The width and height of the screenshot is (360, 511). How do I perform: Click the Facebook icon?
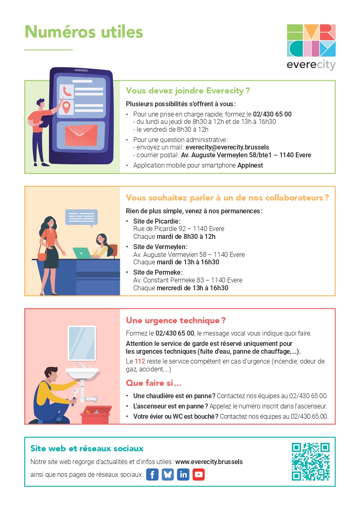152,474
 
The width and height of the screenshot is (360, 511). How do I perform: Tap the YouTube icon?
199,474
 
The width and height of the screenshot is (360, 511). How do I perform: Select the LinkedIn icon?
183,474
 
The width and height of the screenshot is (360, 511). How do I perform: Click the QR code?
311,462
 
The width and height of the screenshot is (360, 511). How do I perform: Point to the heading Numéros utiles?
84,32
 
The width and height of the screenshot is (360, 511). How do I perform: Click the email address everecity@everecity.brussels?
227,147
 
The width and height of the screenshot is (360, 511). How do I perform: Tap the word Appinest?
250,166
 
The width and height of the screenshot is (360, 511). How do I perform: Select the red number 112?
140,362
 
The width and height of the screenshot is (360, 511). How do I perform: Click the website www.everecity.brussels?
209,462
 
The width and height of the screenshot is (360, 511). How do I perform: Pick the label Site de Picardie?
157,221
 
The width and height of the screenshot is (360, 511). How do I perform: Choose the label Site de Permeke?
158,272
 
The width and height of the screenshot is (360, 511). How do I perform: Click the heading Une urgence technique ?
176,320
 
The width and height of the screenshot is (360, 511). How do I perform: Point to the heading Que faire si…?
153,383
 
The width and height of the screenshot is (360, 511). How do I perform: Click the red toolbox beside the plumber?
95,415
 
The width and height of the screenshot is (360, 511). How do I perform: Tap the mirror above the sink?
81,343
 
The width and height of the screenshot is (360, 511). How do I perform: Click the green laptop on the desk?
81,253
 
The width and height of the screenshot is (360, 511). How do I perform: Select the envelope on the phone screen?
81,135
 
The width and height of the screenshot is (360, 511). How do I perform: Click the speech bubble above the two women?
81,217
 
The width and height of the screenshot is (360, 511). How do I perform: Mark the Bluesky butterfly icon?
168,474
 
